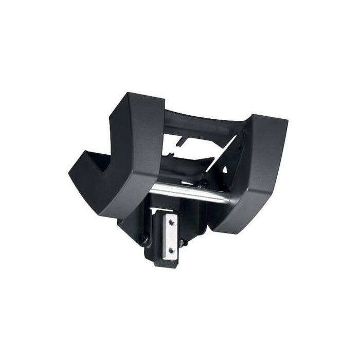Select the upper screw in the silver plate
point(172,222)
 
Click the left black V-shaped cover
point(118,154)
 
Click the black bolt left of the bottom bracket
point(146,239)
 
